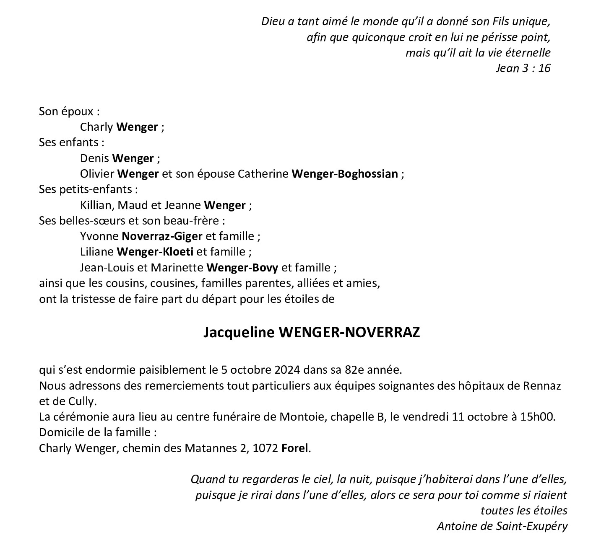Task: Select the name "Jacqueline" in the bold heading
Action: (x=239, y=332)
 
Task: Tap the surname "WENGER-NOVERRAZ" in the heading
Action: (x=349, y=332)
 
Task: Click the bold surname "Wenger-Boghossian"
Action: (x=344, y=174)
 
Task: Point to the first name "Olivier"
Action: (x=97, y=174)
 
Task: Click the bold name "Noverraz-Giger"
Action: (x=162, y=236)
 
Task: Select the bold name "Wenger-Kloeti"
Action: (x=155, y=252)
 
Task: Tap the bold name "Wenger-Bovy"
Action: (x=243, y=267)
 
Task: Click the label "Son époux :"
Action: (x=69, y=111)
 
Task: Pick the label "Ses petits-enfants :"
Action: (x=88, y=189)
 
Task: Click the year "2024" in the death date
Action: (x=288, y=370)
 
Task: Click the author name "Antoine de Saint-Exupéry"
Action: (x=502, y=526)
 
